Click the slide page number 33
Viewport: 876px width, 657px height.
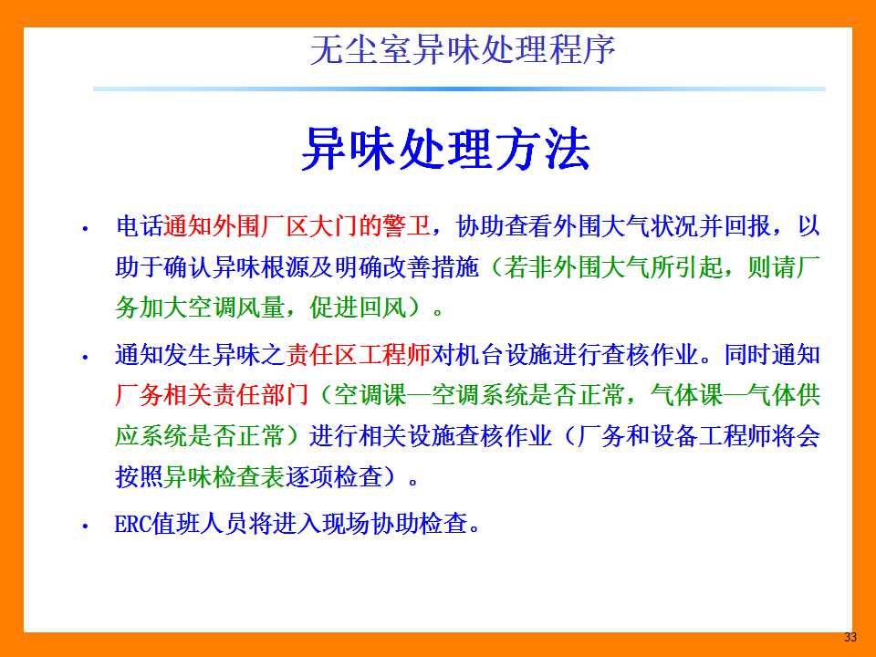tap(850, 637)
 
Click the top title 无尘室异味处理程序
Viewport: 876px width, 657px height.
tap(463, 50)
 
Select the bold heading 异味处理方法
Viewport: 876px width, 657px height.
tap(445, 149)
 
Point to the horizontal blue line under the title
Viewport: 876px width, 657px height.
tap(459, 89)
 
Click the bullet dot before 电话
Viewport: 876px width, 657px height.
tap(85, 228)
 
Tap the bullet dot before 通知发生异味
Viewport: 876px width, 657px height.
tap(85, 357)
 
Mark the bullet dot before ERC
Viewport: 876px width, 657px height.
tap(85, 526)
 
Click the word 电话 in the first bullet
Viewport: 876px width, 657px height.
tap(139, 226)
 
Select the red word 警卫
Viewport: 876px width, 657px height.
tap(407, 226)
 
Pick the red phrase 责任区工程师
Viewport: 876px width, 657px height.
tap(358, 355)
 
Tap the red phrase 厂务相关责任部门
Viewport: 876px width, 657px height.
tap(212, 395)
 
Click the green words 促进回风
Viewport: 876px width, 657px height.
tap(358, 308)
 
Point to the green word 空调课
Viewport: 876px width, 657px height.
tap(370, 395)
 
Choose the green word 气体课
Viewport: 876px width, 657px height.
tap(686, 395)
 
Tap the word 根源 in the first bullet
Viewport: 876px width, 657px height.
tap(285, 267)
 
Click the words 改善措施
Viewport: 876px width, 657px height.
tap(431, 267)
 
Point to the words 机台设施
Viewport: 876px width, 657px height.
tap(504, 355)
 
